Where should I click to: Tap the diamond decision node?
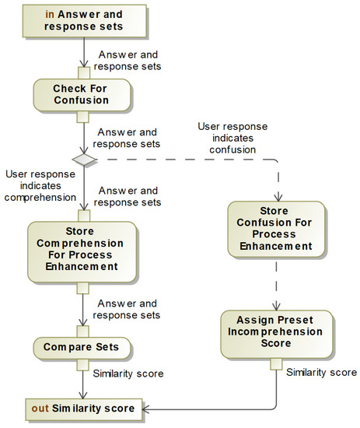tap(82, 160)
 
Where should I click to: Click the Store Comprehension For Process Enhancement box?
tap(82, 247)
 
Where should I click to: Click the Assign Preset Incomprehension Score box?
tap(276, 333)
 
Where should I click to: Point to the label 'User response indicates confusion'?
tap(232, 139)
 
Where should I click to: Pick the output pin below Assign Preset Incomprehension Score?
tap(276, 363)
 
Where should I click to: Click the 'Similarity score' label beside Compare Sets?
tap(128, 374)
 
